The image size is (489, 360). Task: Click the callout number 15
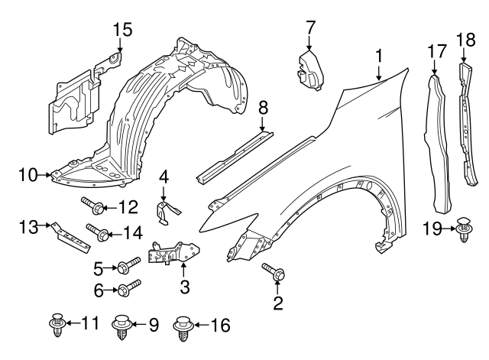123,30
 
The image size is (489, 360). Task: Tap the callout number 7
310,27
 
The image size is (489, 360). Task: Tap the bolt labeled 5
128,267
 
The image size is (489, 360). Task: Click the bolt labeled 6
128,289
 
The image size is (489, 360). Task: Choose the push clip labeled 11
57,325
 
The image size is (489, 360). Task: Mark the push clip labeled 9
121,326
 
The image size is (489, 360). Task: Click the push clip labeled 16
182,326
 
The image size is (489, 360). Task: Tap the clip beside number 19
463,229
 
